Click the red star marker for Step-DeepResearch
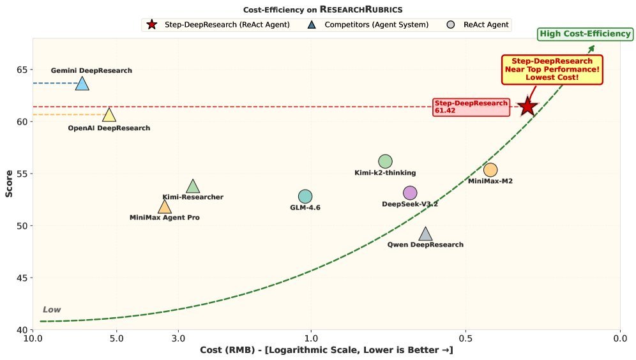coord(527,107)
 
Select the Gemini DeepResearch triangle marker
coord(82,84)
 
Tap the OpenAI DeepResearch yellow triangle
coord(109,115)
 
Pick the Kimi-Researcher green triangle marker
coord(193,186)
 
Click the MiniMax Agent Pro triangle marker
coord(165,207)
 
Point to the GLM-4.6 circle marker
coord(305,197)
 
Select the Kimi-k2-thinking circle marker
coord(385,161)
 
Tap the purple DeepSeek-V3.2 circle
coord(410,193)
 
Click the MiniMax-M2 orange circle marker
coord(490,170)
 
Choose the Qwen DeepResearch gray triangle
coord(426,234)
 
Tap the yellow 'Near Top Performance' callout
coord(552,69)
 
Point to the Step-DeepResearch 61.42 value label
coord(471,107)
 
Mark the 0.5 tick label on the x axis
coord(466,338)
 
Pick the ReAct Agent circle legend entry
coord(480,25)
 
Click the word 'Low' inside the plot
coord(52,310)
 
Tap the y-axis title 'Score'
coord(9,184)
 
